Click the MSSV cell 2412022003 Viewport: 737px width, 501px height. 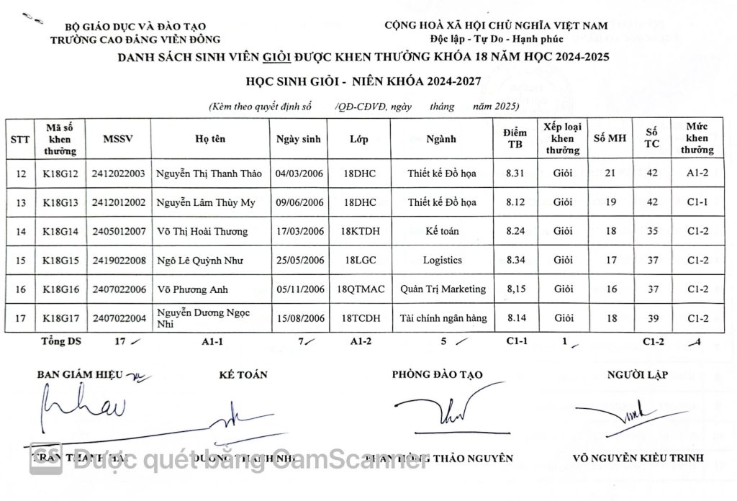coord(119,173)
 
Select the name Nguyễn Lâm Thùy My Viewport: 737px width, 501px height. coord(206,202)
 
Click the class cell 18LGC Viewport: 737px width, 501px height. coord(358,260)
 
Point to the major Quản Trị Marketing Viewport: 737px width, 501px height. coord(443,289)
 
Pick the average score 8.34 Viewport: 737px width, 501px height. coord(515,260)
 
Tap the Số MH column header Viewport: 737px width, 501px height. coord(609,139)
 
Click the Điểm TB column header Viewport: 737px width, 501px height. coord(515,139)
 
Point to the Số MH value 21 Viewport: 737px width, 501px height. coord(610,173)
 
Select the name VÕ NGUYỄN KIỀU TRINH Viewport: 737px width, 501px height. coord(634,459)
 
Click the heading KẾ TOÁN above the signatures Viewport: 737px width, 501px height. coord(243,374)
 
